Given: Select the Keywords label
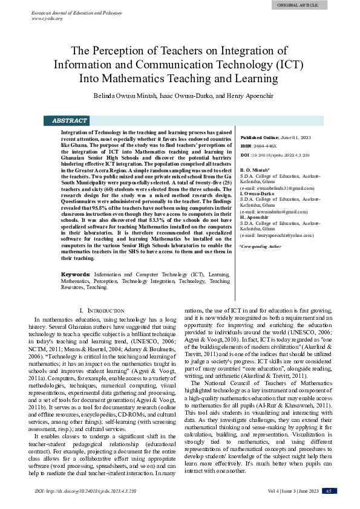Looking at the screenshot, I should coord(76,274).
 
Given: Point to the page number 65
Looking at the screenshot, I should coord(329,491).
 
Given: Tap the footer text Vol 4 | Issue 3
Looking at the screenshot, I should coord(283,491).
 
